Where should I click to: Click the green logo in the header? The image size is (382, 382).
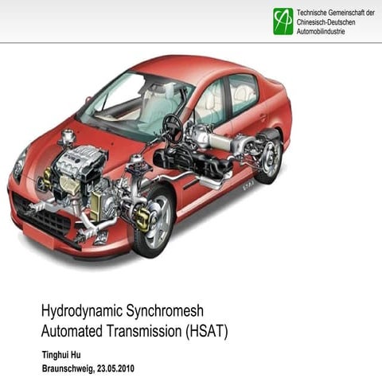coord(283,21)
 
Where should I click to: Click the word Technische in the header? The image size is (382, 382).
coord(315,13)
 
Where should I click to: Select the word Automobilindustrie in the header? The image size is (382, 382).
coord(326,32)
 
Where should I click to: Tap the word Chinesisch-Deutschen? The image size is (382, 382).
coord(326,22)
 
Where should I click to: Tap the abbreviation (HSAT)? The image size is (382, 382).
coord(208,330)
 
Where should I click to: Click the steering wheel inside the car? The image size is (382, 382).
coord(172,126)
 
